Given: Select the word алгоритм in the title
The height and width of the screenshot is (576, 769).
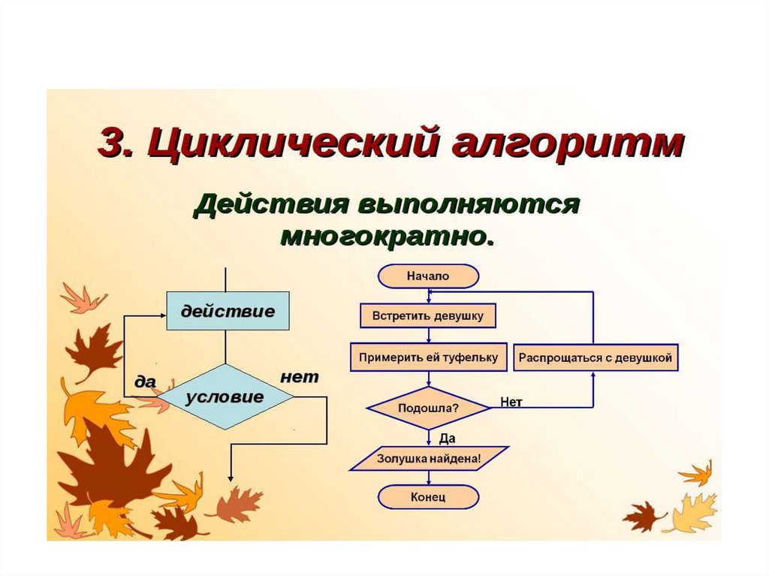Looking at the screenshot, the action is coord(571,142).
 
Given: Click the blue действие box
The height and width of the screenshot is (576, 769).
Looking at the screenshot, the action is coord(227,310).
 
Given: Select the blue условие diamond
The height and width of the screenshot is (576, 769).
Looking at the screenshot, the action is coord(226,397).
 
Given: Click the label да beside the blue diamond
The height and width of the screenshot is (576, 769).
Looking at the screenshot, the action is coord(145,381).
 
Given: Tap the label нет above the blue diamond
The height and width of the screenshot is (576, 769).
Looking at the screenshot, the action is coord(299,376).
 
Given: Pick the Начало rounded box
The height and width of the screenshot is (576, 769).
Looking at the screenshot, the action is coord(428,276).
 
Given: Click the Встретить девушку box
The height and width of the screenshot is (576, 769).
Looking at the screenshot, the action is coord(428,315).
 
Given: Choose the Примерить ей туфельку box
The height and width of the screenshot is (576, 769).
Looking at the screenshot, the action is coord(428,357).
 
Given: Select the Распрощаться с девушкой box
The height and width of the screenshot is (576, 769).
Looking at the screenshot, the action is coord(596,357).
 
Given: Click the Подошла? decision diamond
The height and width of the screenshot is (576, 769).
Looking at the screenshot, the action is coord(428,409).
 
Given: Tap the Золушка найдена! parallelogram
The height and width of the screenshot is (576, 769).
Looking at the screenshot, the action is coord(429,458).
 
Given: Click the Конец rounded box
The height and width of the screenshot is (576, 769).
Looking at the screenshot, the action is coord(428,497).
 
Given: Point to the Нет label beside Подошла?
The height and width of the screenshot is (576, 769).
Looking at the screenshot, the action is coord(511,403).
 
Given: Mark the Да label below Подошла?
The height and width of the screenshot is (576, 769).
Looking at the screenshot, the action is coord(447,438).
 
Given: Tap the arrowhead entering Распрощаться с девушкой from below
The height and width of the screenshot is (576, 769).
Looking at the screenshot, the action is coord(595,375).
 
